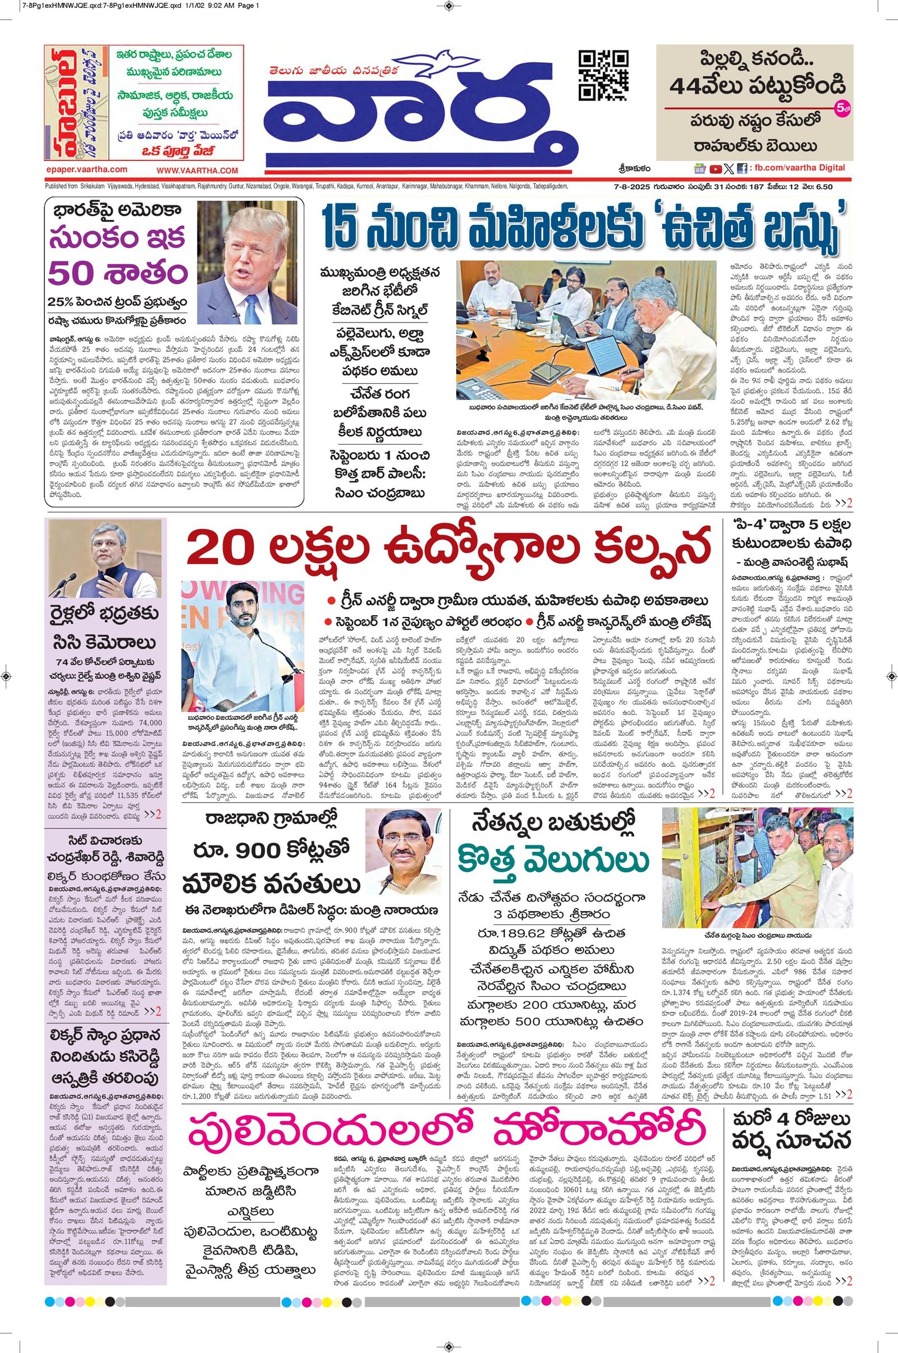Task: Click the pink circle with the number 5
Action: point(841,108)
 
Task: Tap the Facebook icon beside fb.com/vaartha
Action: point(741,168)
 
